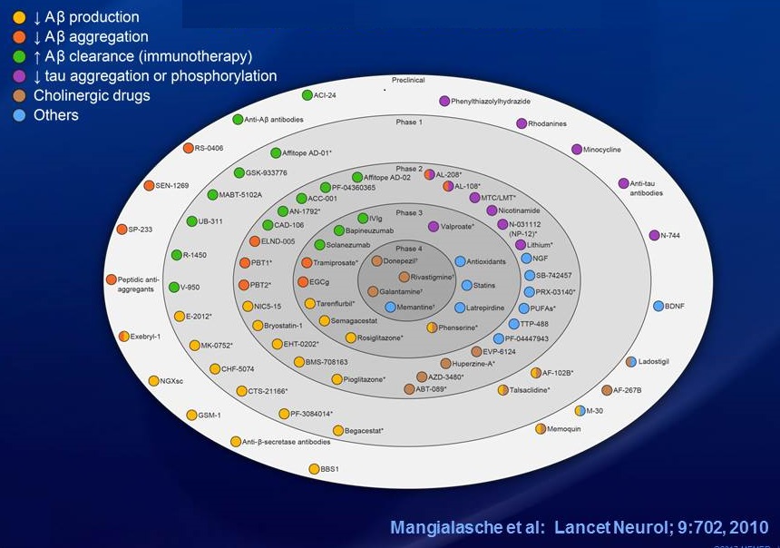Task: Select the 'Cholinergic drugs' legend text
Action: [92, 95]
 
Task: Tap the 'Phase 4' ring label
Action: [409, 249]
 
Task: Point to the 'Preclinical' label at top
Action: [408, 80]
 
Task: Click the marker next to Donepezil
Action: [376, 261]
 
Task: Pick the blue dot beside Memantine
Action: [391, 307]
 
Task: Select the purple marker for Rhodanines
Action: [522, 123]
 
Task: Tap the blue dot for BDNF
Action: [658, 306]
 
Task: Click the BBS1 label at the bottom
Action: [330, 469]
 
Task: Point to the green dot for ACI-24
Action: [306, 95]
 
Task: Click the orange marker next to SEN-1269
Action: [148, 185]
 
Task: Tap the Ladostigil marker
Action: [631, 361]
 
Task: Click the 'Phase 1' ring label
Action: [408, 122]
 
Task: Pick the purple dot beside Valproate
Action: [434, 226]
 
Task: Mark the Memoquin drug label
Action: [565, 428]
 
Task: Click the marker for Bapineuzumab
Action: [339, 230]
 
